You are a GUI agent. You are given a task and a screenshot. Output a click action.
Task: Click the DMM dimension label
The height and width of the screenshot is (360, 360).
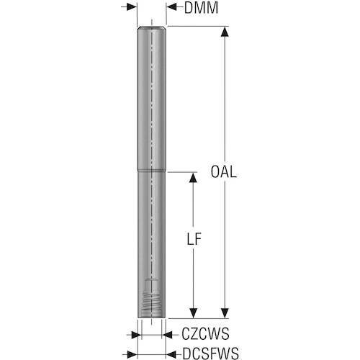[x=201, y=8]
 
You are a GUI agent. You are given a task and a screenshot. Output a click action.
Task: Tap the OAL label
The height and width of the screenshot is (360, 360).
[x=224, y=172]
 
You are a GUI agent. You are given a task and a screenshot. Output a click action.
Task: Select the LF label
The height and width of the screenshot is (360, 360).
[x=194, y=239]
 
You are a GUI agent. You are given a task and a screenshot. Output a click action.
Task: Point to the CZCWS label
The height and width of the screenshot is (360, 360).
[x=205, y=334]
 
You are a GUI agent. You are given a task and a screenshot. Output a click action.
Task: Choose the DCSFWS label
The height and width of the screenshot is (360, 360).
[x=211, y=354]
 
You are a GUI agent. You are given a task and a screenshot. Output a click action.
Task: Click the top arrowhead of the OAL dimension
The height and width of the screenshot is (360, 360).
[x=225, y=32]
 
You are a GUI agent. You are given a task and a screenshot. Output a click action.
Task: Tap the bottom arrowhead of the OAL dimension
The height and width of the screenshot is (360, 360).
[x=225, y=313]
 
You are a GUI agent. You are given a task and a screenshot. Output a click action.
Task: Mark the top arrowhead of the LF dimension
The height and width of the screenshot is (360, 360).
[x=193, y=178]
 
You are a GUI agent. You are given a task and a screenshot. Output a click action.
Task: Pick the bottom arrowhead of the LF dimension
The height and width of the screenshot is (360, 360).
[x=193, y=313]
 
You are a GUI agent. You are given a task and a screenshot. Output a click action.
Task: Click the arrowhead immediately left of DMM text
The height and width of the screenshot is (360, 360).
[x=171, y=7]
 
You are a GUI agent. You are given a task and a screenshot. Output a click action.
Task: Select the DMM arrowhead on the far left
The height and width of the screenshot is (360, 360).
[x=132, y=7]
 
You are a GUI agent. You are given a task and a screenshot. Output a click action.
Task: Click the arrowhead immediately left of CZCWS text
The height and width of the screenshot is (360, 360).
[x=167, y=335]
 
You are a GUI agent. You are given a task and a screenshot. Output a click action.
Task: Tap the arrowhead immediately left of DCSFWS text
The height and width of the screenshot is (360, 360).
[x=171, y=354]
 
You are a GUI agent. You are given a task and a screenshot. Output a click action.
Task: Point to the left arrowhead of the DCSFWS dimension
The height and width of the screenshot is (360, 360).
[x=132, y=354]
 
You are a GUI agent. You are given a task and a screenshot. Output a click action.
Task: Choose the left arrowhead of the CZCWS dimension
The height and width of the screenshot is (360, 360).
[x=136, y=335]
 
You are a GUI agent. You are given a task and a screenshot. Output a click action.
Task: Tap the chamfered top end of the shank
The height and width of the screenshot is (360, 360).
[x=151, y=28]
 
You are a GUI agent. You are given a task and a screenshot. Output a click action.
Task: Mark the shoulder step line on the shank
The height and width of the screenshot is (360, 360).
[x=151, y=171]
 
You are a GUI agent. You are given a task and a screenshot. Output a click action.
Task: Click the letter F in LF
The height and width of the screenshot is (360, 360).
[x=197, y=239]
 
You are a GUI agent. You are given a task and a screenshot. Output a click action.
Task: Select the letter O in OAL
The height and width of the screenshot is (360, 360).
[x=215, y=172]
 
